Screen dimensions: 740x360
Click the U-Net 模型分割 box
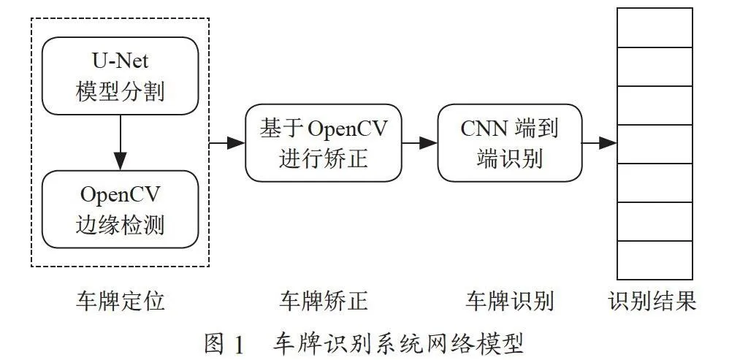[121, 76]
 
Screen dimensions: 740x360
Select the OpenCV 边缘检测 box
[121, 210]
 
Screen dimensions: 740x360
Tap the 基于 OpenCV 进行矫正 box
[324, 143]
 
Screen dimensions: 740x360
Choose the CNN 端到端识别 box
[510, 143]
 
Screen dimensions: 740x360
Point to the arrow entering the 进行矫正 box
[227, 143]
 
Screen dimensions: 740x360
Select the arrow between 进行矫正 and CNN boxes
[419, 143]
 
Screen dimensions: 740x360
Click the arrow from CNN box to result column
[599, 143]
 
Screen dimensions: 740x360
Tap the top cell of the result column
[655, 27]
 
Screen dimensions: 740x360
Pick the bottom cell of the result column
[655, 260]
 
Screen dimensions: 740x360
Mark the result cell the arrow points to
[655, 144]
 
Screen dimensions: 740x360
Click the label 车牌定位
[121, 301]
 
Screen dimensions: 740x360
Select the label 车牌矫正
[324, 301]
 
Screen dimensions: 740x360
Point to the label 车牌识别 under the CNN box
[509, 301]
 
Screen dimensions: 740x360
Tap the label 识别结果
[652, 301]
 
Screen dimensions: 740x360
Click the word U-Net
[120, 61]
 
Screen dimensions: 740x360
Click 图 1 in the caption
[224, 345]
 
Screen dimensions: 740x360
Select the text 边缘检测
[121, 225]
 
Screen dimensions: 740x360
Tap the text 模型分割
[121, 91]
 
